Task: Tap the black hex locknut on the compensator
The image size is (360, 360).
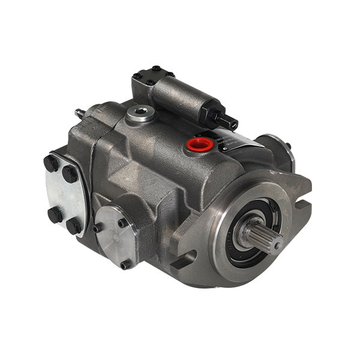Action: coord(217,113)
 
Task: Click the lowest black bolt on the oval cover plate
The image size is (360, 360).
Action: coord(74,226)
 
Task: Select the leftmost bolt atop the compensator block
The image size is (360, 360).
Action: coord(137,76)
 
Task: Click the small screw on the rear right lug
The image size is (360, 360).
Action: coord(287,145)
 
